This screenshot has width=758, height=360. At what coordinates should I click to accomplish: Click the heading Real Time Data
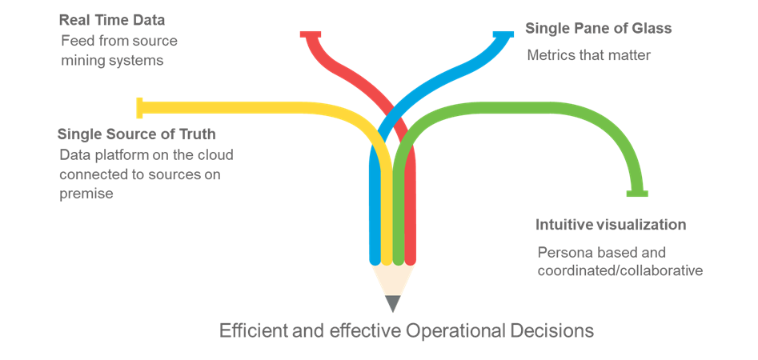point(112,18)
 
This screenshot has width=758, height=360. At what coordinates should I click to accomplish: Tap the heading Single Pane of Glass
point(598,29)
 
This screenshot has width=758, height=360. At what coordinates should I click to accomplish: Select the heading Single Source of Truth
point(137,134)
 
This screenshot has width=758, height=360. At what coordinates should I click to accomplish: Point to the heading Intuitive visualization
point(611,225)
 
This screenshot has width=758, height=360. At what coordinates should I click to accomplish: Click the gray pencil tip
point(392,303)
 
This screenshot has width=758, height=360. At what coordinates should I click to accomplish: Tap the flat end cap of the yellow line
point(140,106)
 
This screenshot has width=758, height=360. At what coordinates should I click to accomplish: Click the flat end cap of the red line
point(311,34)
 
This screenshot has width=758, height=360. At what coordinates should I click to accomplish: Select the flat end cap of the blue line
point(503,34)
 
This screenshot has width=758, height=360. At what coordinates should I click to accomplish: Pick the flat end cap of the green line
point(638,192)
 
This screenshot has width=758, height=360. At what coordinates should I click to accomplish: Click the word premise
point(86,193)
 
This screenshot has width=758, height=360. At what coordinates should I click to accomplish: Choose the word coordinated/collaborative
point(620,270)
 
